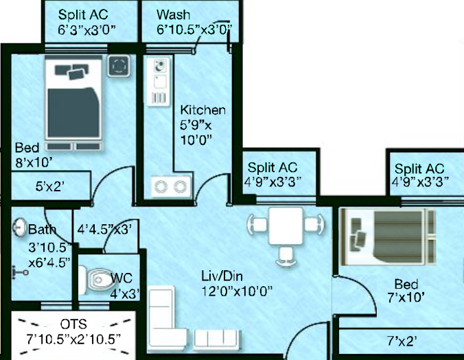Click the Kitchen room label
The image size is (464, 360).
[202, 110]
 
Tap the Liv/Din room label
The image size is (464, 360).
[222, 276]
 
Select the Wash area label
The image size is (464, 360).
[174, 14]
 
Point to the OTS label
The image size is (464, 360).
[73, 324]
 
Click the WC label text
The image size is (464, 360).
[121, 278]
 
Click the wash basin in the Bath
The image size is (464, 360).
[19, 227]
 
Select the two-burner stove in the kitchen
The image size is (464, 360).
[171, 187]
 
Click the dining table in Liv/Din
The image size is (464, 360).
[286, 226]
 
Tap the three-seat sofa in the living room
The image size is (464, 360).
[217, 338]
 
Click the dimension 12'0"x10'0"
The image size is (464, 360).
[236, 291]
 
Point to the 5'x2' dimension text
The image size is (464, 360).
[49, 187]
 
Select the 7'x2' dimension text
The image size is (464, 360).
[402, 341]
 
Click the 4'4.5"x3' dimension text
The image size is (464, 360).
[104, 229]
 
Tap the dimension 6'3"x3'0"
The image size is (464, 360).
[86, 30]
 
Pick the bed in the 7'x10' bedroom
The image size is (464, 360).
[388, 237]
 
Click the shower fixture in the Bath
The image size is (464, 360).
[20, 272]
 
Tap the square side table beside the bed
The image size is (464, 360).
[118, 66]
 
